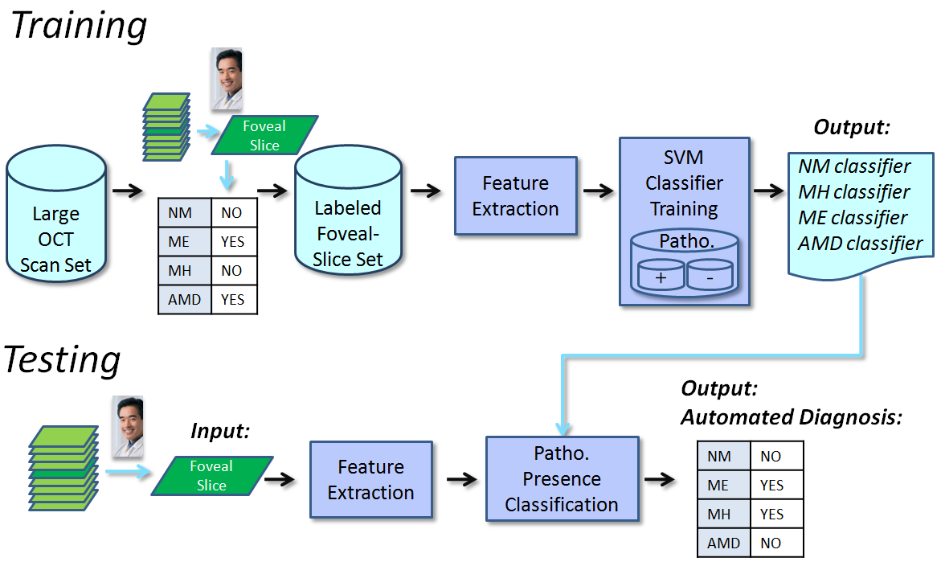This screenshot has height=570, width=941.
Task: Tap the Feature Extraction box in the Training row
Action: [x=515, y=196]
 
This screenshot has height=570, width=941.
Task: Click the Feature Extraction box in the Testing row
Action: [x=370, y=480]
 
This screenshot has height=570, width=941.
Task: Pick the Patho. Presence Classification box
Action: [x=562, y=479]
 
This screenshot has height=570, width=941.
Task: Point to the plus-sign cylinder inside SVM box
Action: [x=660, y=274]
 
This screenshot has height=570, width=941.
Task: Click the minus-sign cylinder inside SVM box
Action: [x=710, y=274]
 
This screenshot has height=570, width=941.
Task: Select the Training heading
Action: [x=79, y=26]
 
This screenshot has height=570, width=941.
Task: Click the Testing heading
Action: [x=63, y=360]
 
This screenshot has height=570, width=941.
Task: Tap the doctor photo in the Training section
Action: [x=226, y=79]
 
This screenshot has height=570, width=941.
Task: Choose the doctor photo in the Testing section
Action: [x=127, y=427]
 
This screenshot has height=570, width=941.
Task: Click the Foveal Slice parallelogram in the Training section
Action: [x=264, y=135]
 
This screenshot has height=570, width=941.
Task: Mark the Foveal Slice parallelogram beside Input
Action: [x=211, y=475]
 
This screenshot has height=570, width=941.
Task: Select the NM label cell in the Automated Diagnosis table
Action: [x=719, y=456]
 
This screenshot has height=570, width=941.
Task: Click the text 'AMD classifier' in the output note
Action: [x=860, y=243]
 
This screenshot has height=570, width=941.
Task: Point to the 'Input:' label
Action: [x=220, y=431]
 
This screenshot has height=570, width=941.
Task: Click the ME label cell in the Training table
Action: [x=179, y=241]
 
